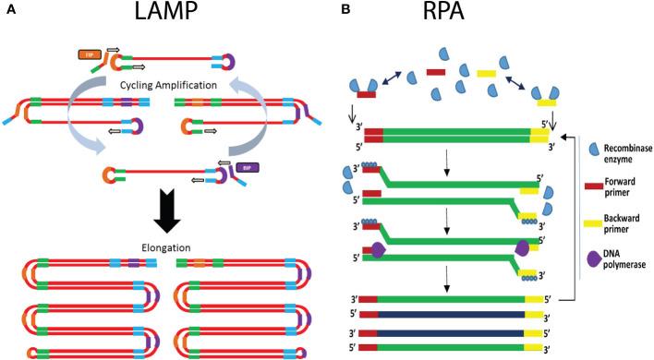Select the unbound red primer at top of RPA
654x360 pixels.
(437, 71)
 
